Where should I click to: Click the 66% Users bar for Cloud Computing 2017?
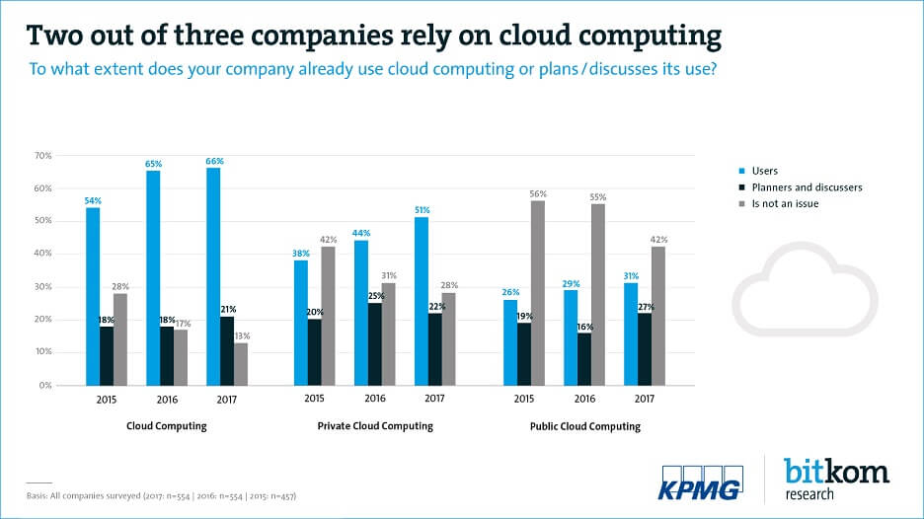point(213,276)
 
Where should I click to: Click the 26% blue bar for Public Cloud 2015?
point(510,342)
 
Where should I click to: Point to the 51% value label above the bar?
point(422,209)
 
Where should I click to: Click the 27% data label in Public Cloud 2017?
point(646,307)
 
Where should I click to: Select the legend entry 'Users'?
point(765,171)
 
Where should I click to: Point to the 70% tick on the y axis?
point(43,156)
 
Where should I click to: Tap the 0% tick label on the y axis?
point(45,386)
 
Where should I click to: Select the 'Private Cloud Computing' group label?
point(375,426)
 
